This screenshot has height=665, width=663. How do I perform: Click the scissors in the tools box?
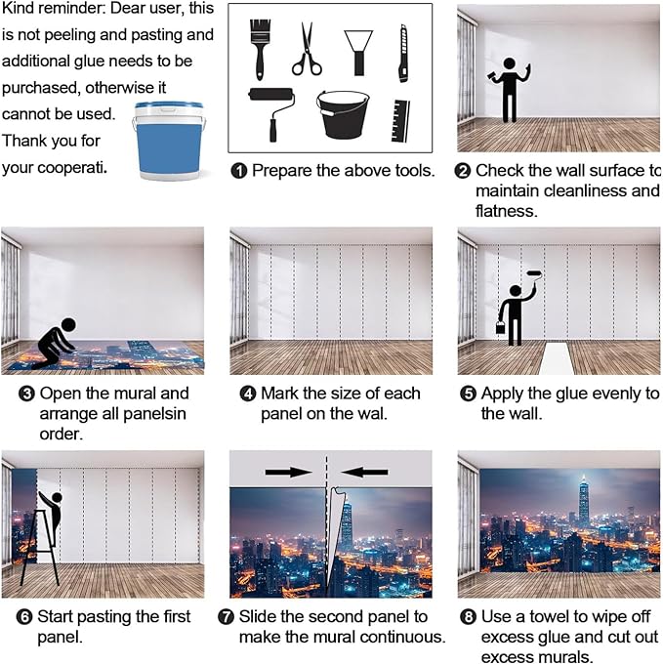pyautogui.click(x=307, y=50)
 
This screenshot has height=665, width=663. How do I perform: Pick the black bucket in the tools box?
pyautogui.click(x=346, y=113)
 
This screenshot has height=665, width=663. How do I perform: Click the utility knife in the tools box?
pyautogui.click(x=403, y=53)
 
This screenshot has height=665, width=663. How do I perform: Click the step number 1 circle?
pyautogui.click(x=239, y=171)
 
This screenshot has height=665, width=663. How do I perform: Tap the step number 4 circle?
pyautogui.click(x=248, y=394)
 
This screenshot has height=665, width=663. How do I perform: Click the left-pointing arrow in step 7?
pyautogui.click(x=366, y=472)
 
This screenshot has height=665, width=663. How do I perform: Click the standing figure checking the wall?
pyautogui.click(x=509, y=89)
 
